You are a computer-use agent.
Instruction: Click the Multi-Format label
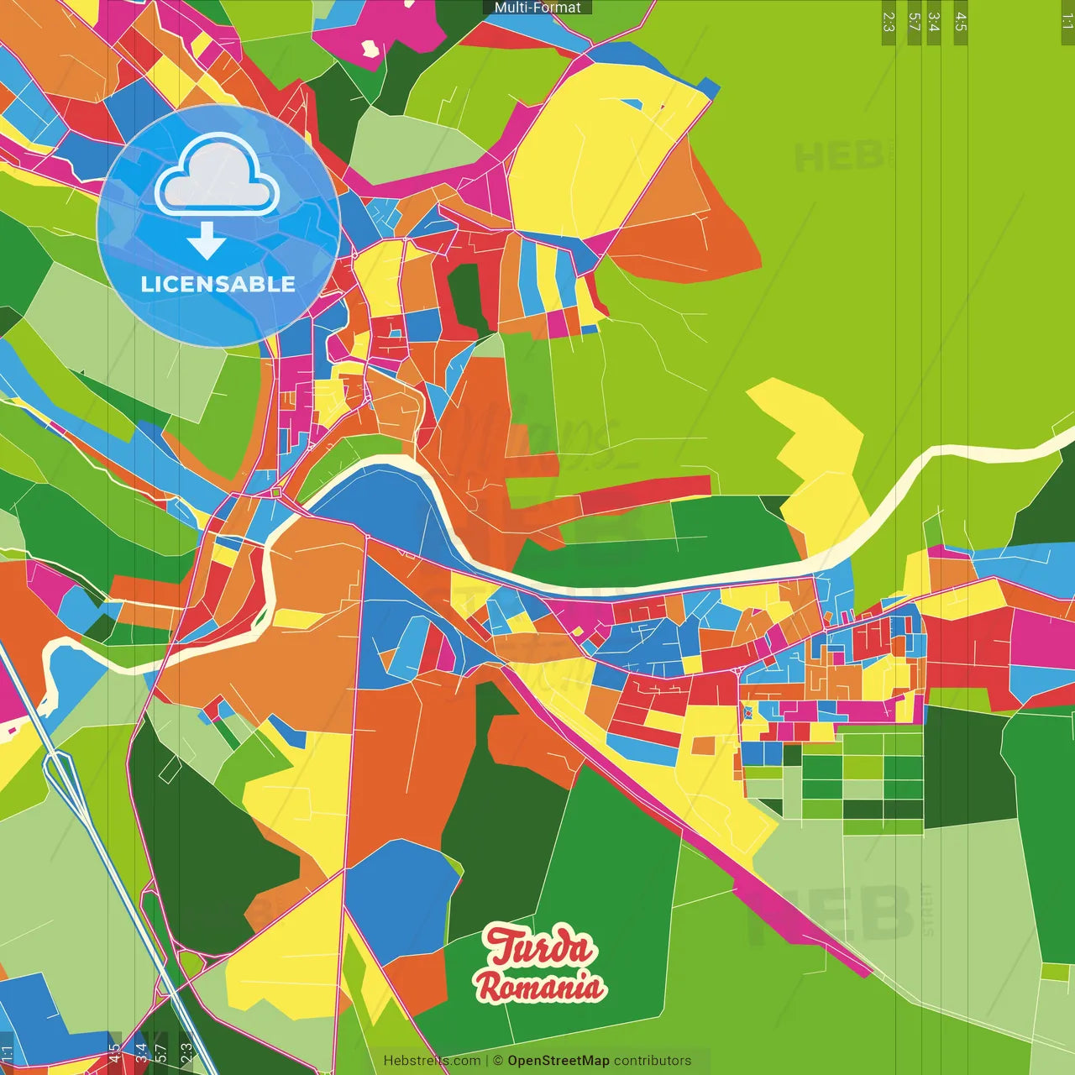click(537, 8)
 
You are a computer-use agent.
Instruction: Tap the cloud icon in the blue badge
click(217, 175)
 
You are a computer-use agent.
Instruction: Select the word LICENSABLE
click(218, 284)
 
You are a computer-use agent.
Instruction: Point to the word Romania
click(540, 986)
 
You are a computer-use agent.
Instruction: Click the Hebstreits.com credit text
click(432, 1061)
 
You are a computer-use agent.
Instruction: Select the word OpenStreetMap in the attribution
click(558, 1061)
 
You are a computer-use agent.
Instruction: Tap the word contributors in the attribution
click(653, 1061)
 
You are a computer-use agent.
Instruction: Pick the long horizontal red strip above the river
click(647, 491)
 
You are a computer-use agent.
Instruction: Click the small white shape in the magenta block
click(370, 49)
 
